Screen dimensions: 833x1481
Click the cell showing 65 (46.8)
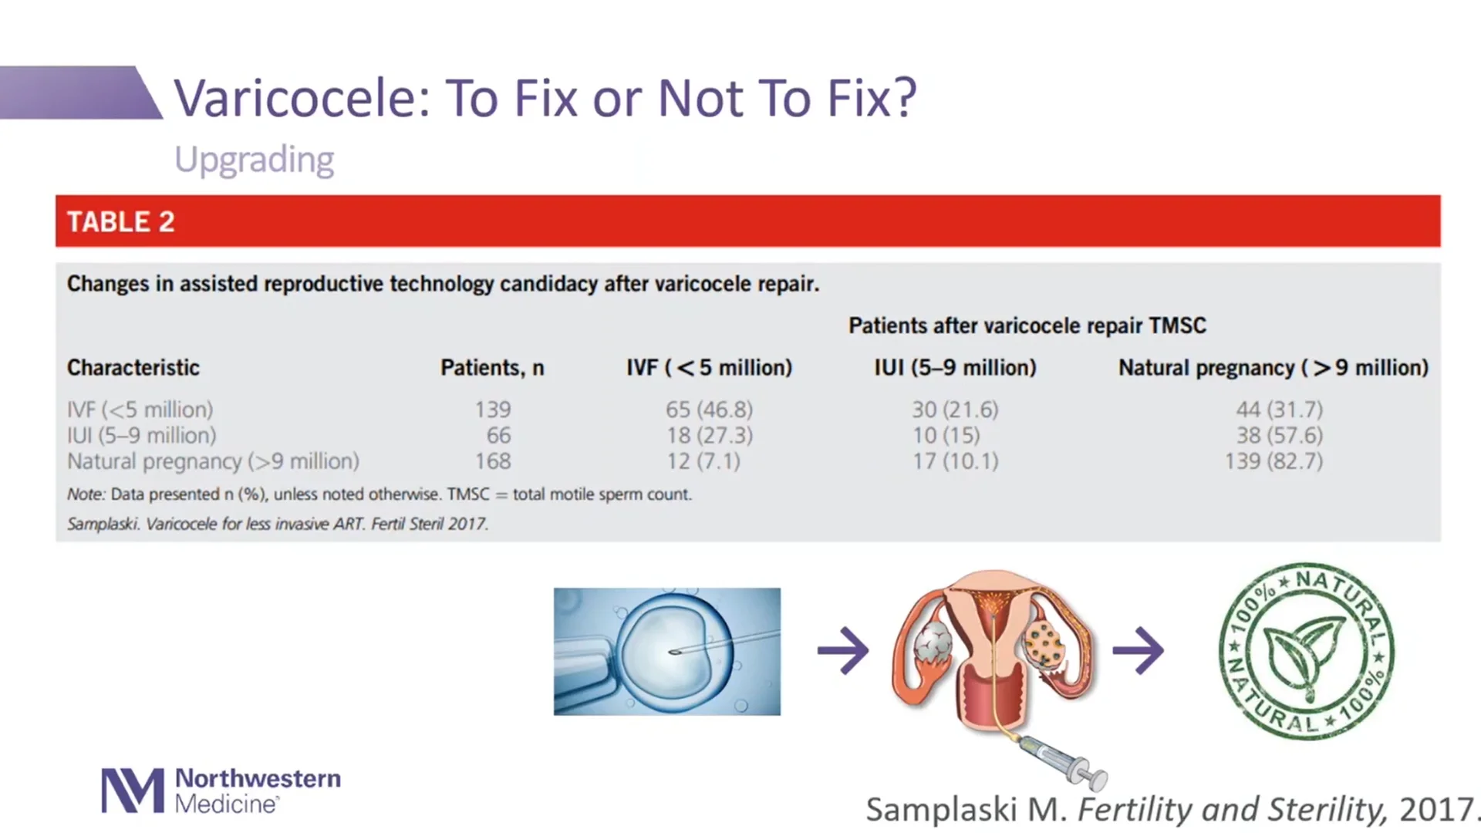coord(709,410)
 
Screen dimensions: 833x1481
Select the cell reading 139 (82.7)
coord(1274,461)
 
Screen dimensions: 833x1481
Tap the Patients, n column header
coord(492,368)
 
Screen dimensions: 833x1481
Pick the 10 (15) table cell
coord(946,436)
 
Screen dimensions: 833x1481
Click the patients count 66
coord(498,436)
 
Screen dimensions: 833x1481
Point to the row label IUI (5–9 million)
coord(142,436)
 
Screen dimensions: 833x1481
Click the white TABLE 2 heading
coord(121,222)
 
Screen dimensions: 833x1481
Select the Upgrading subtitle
coord(254,160)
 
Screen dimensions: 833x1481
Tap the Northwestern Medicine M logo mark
coord(133,791)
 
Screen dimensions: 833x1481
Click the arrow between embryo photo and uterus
coord(843,651)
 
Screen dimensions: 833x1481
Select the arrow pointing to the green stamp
coord(1138,651)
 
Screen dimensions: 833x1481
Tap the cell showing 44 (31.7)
coord(1279,410)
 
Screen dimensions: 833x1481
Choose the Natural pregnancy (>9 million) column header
coord(1274,368)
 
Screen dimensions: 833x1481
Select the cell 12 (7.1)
coord(703,461)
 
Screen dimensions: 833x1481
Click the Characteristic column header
coord(133,368)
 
